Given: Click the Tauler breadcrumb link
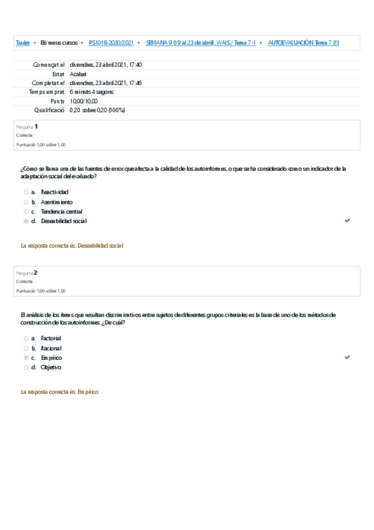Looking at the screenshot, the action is [22, 42].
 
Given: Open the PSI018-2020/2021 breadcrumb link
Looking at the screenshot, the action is [111, 42].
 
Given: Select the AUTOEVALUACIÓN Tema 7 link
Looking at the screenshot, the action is [303, 42].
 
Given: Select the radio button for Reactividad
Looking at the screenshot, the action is [26, 192].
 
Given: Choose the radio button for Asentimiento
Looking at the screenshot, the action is [26, 202].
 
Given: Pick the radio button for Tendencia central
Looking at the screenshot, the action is [26, 211].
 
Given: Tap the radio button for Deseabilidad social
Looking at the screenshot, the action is [26, 221].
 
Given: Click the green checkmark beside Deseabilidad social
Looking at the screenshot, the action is [347, 221].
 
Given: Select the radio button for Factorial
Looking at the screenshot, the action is [26, 338].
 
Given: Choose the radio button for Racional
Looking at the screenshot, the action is [26, 348].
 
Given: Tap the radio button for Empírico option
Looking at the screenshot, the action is [26, 357].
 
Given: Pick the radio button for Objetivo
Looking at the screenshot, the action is [26, 367].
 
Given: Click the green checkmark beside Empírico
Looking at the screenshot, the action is [347, 357].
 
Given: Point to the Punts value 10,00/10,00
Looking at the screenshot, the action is [84, 101].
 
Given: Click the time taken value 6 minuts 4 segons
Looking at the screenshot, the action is [91, 92].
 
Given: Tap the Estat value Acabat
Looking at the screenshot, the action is [78, 74].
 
